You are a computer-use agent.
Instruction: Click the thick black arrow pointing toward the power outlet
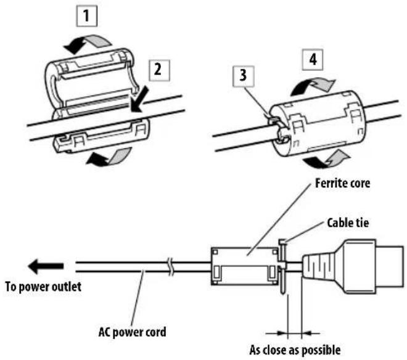47,266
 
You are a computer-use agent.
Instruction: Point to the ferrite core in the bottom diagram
244,264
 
